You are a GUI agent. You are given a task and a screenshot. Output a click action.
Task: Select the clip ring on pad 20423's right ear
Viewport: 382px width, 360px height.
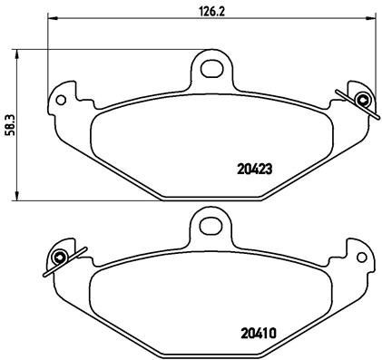363,100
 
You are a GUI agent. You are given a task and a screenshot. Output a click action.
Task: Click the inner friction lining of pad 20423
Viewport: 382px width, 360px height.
181,145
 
